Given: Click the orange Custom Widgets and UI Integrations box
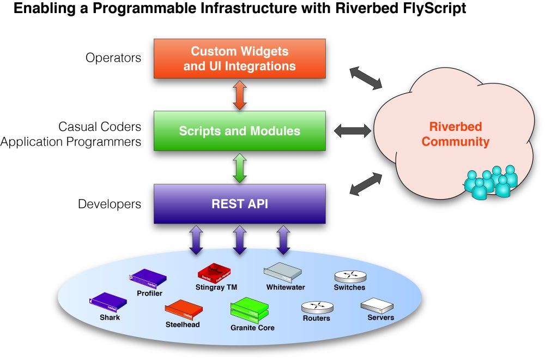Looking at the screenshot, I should click(x=239, y=59).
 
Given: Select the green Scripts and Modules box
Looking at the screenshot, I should click(x=239, y=131).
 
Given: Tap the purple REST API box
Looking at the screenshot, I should click(x=239, y=204).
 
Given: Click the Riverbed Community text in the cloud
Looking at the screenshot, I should click(x=456, y=134).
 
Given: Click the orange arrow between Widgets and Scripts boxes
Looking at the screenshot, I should click(x=240, y=95).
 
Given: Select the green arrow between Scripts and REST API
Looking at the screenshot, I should click(x=240, y=167).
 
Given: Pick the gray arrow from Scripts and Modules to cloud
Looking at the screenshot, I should click(x=352, y=130).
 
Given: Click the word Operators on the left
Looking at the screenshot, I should click(x=113, y=58).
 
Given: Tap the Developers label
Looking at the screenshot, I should click(x=110, y=205).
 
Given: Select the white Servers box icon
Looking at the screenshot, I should click(x=377, y=305).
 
